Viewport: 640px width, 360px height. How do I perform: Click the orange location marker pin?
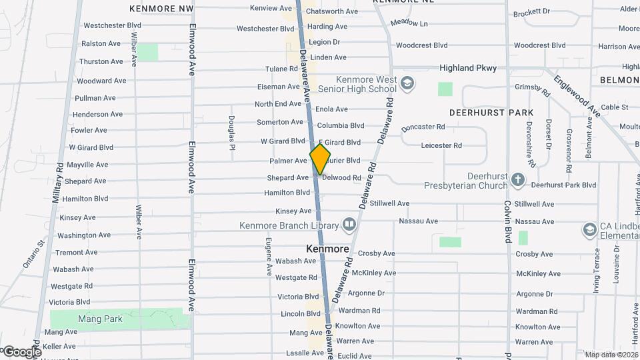pyautogui.click(x=320, y=159)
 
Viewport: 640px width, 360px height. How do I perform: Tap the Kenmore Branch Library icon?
pyautogui.click(x=348, y=224)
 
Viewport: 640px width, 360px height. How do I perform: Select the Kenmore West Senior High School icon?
pyautogui.click(x=408, y=83)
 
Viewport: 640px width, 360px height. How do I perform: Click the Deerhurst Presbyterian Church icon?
pyautogui.click(x=519, y=179)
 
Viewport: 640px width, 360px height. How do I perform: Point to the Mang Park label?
pyautogui.click(x=100, y=319)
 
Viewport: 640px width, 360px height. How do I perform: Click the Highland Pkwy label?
pyautogui.click(x=467, y=68)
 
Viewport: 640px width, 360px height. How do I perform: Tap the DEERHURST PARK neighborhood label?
pyautogui.click(x=491, y=113)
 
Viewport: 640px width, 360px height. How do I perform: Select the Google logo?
pyautogui.click(x=21, y=351)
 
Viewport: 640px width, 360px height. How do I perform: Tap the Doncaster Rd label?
pyautogui.click(x=423, y=127)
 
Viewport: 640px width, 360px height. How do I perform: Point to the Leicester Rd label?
pyautogui.click(x=441, y=145)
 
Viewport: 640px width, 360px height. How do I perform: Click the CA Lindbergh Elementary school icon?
pyautogui.click(x=589, y=230)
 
